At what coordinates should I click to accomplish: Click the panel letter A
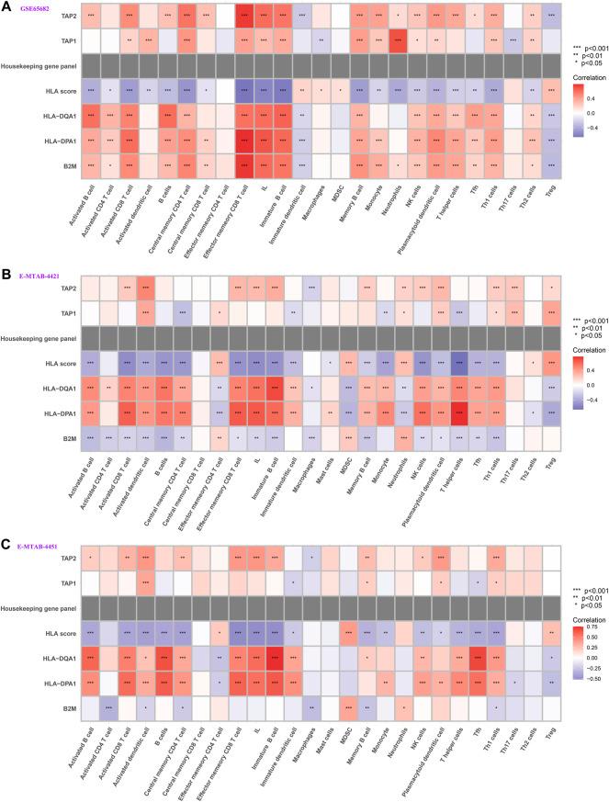pos(7,6)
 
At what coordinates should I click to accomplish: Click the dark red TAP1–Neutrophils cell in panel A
pos(398,41)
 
